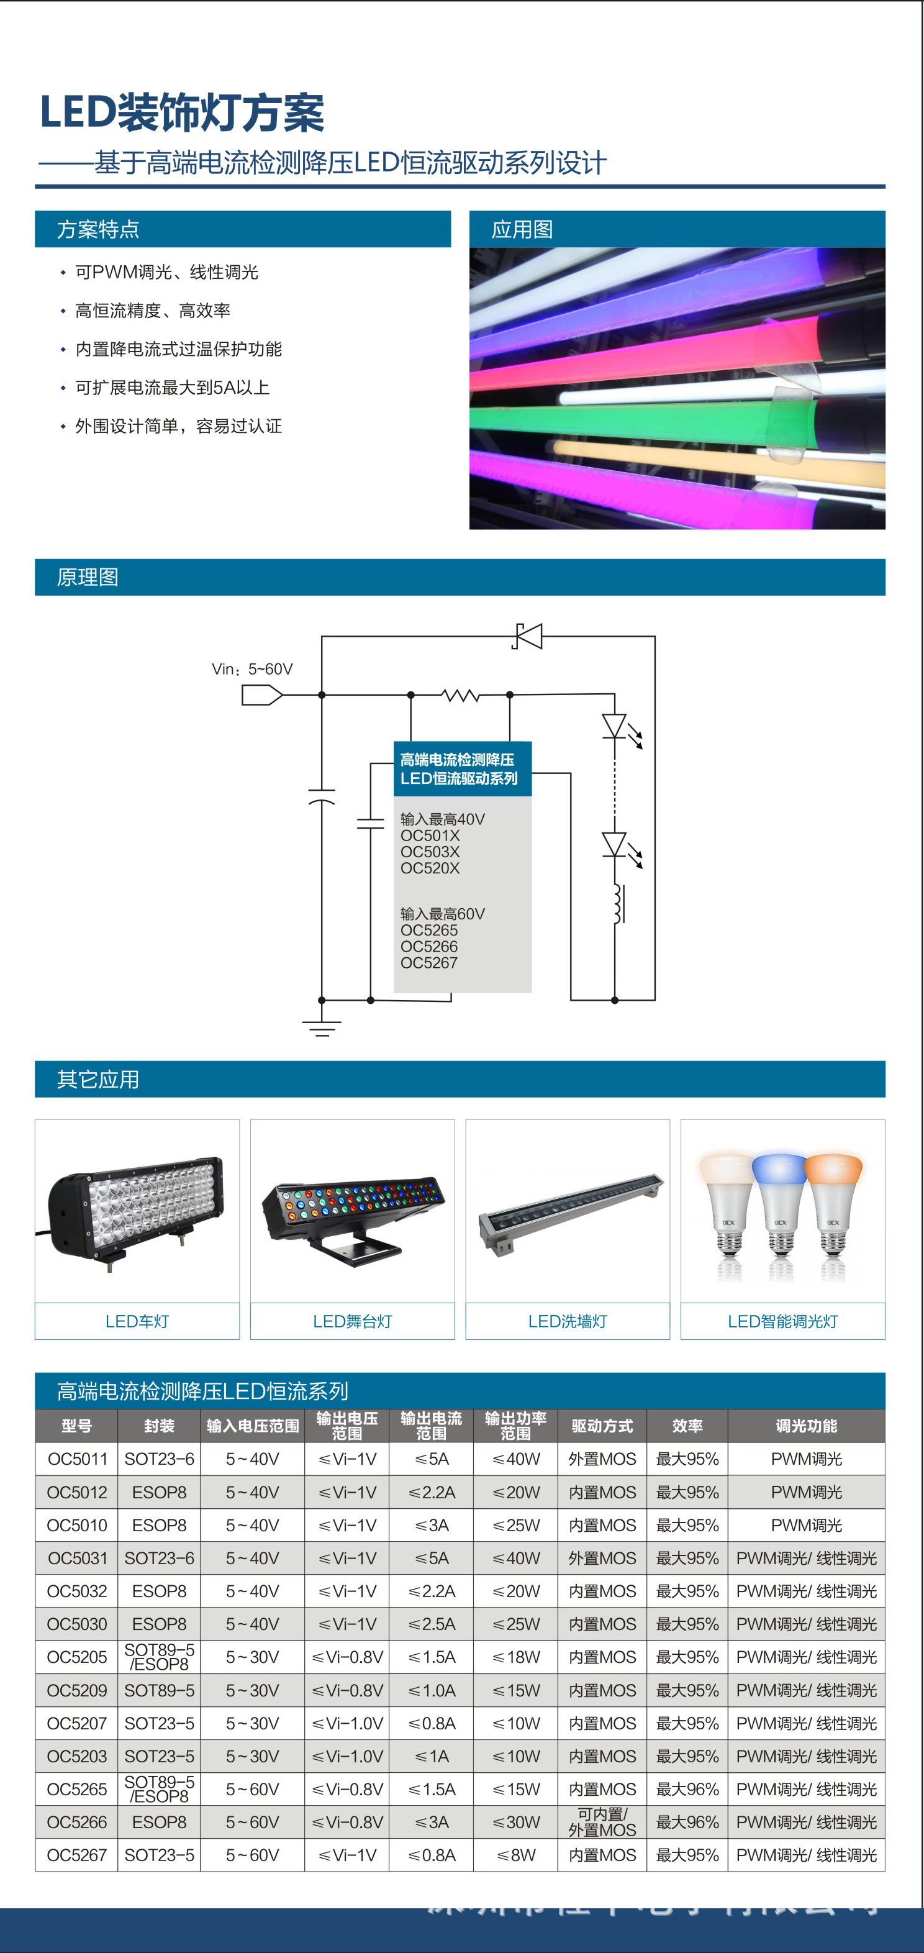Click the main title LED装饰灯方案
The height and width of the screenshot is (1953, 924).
tap(182, 112)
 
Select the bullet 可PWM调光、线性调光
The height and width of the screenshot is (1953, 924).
tap(167, 272)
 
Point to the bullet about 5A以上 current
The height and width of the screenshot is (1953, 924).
tap(172, 388)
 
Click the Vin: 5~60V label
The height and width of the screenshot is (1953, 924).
tap(252, 668)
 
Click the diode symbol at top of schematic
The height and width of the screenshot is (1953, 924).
tap(528, 636)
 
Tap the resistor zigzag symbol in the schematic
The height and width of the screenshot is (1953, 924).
tap(460, 694)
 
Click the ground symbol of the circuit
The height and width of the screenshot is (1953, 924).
tap(322, 1027)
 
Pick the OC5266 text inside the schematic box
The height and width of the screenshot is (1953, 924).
tap(429, 946)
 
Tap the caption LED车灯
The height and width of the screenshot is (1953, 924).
tap(137, 1321)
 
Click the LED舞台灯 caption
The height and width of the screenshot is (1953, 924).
tap(353, 1321)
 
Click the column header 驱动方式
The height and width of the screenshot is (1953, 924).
tap(602, 1426)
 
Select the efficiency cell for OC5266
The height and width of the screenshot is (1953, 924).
tap(687, 1822)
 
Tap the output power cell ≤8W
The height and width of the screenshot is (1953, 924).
tap(515, 1855)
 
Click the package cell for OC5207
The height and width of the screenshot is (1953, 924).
tap(159, 1723)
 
